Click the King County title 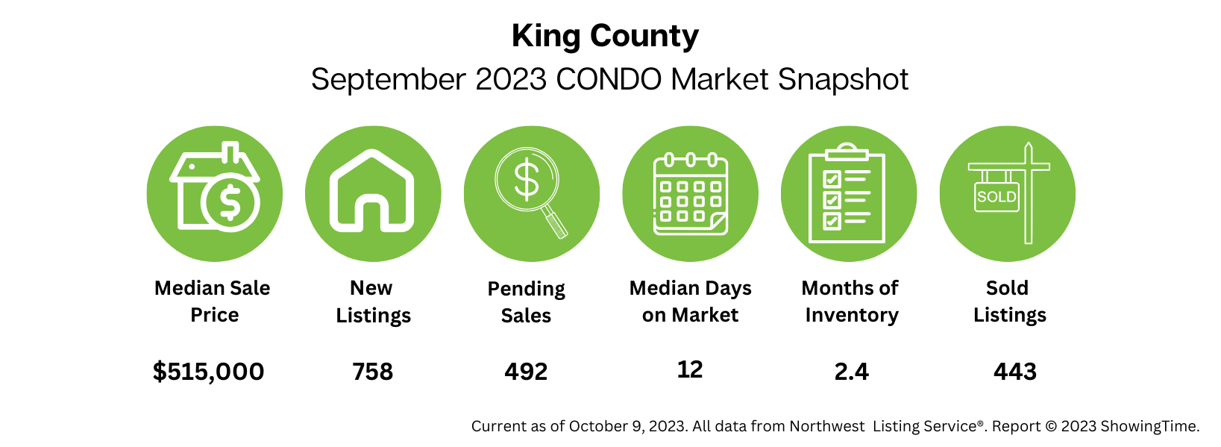tap(605, 36)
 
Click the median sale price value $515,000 tap(208, 372)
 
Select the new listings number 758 tap(373, 372)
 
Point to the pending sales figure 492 tap(526, 372)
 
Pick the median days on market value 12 tap(690, 369)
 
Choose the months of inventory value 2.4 tap(852, 372)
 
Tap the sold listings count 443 tap(1015, 372)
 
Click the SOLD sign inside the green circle tap(996, 197)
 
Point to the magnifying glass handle tap(555, 223)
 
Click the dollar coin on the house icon tap(230, 202)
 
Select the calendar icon tap(690, 194)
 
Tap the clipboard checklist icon tap(848, 194)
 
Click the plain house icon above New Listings tap(372, 193)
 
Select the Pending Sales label tap(526, 301)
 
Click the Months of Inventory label tap(851, 301)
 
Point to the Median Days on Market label tap(690, 301)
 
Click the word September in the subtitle tap(388, 79)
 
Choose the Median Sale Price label tap(213, 301)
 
